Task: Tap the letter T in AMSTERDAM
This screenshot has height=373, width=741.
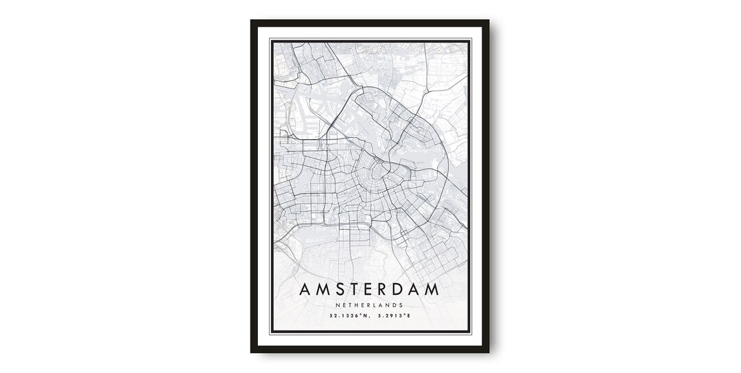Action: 360,290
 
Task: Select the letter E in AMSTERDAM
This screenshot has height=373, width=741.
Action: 376,290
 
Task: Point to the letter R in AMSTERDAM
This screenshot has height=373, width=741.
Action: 392,290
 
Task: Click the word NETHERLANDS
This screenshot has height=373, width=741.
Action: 370,305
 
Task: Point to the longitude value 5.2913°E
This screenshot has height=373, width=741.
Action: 392,316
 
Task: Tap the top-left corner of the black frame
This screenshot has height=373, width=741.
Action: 252,21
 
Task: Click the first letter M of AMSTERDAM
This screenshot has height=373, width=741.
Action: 323,290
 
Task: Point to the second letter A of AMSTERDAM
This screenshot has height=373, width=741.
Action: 429,290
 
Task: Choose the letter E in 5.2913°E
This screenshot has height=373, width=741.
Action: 408,316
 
